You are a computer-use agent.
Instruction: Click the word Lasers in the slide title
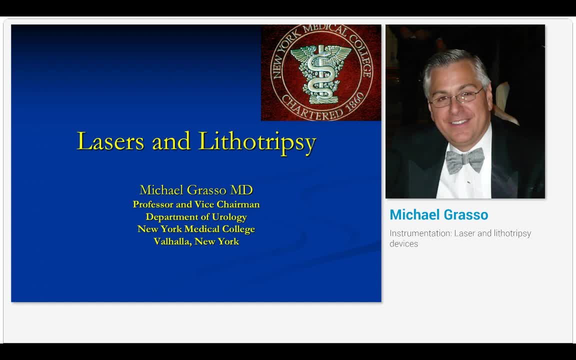111,141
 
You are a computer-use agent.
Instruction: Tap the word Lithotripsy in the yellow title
257,141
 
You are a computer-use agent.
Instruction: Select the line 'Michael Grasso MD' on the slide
196,190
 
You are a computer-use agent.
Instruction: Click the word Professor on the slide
153,204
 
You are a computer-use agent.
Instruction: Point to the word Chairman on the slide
238,204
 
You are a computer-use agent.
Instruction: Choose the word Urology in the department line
229,217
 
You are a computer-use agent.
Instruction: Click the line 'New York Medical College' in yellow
196,229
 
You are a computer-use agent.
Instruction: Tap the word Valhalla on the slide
172,241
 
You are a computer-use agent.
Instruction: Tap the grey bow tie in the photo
465,160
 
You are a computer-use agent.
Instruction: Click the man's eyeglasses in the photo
456,98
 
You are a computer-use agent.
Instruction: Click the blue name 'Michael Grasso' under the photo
438,215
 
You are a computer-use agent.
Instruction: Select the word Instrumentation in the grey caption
419,233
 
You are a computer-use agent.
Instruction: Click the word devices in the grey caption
403,244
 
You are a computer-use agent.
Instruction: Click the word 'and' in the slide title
171,141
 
